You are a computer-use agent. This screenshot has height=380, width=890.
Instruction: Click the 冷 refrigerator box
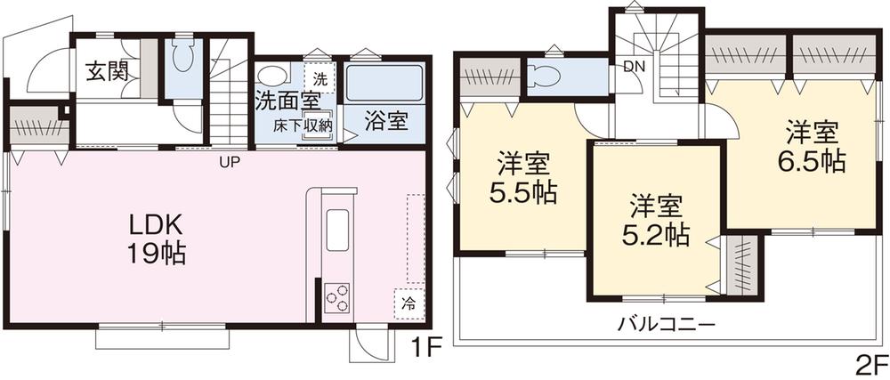[x=408, y=303]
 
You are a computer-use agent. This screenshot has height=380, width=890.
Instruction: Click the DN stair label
[x=635, y=65]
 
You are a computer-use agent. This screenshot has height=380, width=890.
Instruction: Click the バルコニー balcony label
[x=666, y=324]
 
